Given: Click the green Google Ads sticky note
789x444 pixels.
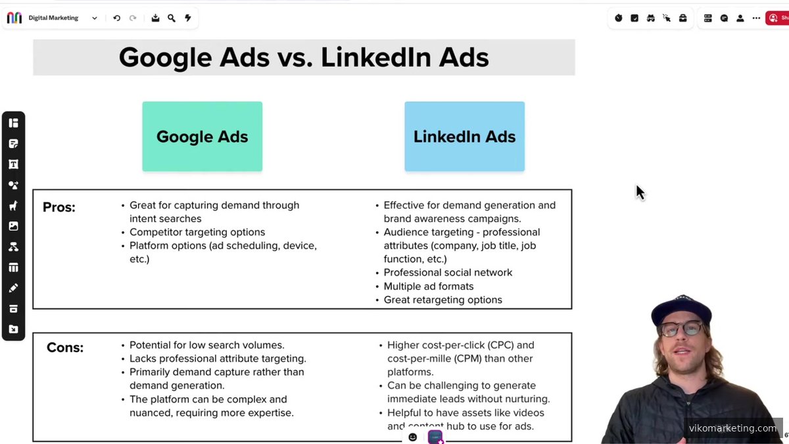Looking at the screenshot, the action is tap(203, 136).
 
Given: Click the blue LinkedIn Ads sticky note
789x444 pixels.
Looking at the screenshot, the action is tap(465, 136).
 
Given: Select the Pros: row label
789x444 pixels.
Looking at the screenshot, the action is tap(59, 207).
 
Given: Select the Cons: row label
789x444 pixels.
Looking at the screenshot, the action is tap(65, 347).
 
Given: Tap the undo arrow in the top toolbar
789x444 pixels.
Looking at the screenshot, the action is tap(116, 18).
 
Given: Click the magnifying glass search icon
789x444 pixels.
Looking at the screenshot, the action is tap(172, 18).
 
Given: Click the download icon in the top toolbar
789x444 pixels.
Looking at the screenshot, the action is tap(155, 18).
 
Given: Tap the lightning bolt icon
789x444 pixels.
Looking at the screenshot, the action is tap(188, 18).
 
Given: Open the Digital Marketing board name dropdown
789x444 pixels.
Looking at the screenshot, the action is tap(95, 18).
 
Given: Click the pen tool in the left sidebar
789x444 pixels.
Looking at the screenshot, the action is tap(13, 288).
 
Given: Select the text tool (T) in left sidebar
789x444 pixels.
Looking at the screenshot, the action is tap(13, 164).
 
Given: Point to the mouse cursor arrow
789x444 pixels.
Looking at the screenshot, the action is tap(640, 192).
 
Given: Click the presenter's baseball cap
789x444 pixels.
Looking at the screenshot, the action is tap(681, 310).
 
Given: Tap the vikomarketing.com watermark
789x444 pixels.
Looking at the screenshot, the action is tap(732, 428).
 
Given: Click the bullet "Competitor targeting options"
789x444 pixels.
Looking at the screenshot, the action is tap(197, 232).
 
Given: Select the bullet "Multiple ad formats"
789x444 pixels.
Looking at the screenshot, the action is tap(429, 287).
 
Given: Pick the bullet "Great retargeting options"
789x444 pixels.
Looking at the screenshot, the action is tap(442, 300).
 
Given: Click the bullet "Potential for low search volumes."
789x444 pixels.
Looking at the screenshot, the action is tap(206, 345).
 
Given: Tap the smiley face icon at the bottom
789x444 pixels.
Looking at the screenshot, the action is tap(412, 437).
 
